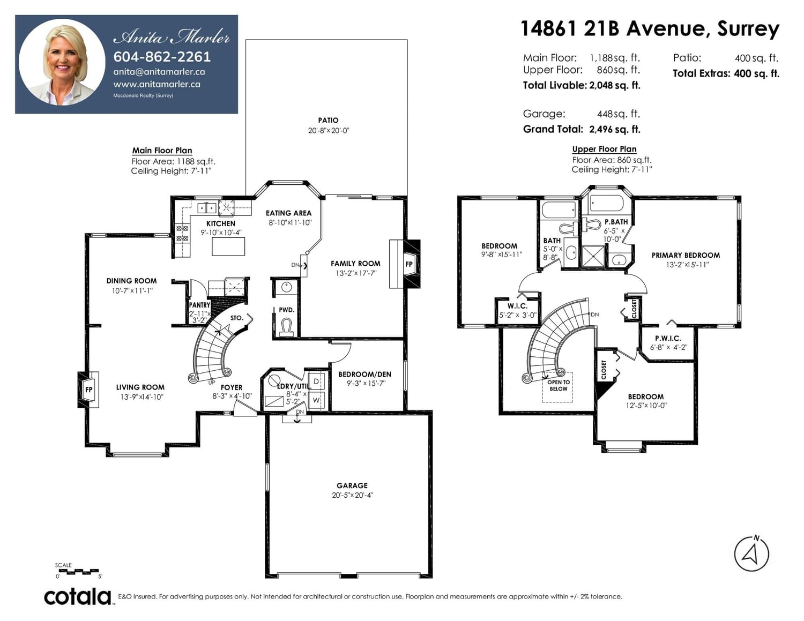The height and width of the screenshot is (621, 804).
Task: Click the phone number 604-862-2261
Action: tap(162, 57)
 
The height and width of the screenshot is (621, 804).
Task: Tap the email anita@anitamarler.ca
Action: tap(159, 72)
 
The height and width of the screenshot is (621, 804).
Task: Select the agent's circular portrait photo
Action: tap(62, 63)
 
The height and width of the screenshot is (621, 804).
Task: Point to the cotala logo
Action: tap(78, 596)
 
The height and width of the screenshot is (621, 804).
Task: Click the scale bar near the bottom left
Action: tap(78, 572)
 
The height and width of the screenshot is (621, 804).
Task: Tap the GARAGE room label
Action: tap(352, 485)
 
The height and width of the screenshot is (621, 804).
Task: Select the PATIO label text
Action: tap(328, 120)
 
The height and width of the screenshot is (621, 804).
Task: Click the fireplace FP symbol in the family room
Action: tap(408, 264)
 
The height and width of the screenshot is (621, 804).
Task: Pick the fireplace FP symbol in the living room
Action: tap(88, 390)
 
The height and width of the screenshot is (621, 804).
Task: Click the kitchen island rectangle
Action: tap(228, 246)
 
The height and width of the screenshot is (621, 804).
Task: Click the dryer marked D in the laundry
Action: tap(316, 381)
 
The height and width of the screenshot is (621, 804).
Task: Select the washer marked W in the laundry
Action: tap(316, 400)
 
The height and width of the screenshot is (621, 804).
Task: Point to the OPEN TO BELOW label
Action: tap(559, 385)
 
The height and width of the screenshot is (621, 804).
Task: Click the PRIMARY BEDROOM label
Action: tap(686, 255)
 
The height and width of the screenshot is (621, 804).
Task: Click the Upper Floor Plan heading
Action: tap(604, 149)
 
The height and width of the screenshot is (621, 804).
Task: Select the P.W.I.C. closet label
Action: tap(668, 339)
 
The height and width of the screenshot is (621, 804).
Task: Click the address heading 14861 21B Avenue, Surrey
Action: tap(650, 28)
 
